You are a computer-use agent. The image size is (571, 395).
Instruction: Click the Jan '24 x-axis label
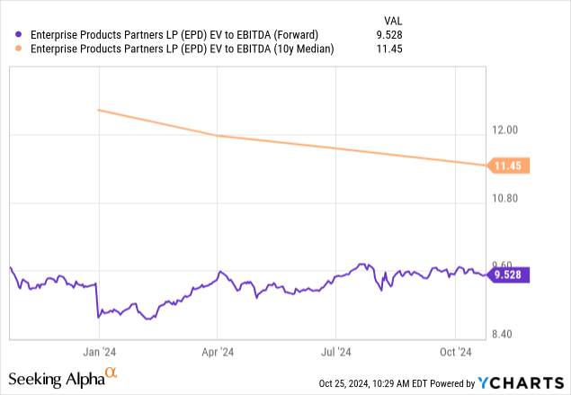[x=98, y=352]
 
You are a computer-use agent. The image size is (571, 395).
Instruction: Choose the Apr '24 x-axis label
[x=216, y=352]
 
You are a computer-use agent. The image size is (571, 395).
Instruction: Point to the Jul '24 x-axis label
[x=335, y=352]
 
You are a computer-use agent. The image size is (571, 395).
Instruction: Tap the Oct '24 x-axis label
[x=456, y=352]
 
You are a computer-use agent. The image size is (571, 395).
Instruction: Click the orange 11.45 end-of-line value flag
[x=508, y=166]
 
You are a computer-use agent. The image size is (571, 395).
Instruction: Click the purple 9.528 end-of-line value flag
[x=508, y=274]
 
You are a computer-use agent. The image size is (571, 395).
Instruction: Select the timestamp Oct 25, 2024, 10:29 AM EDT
[x=377, y=383]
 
